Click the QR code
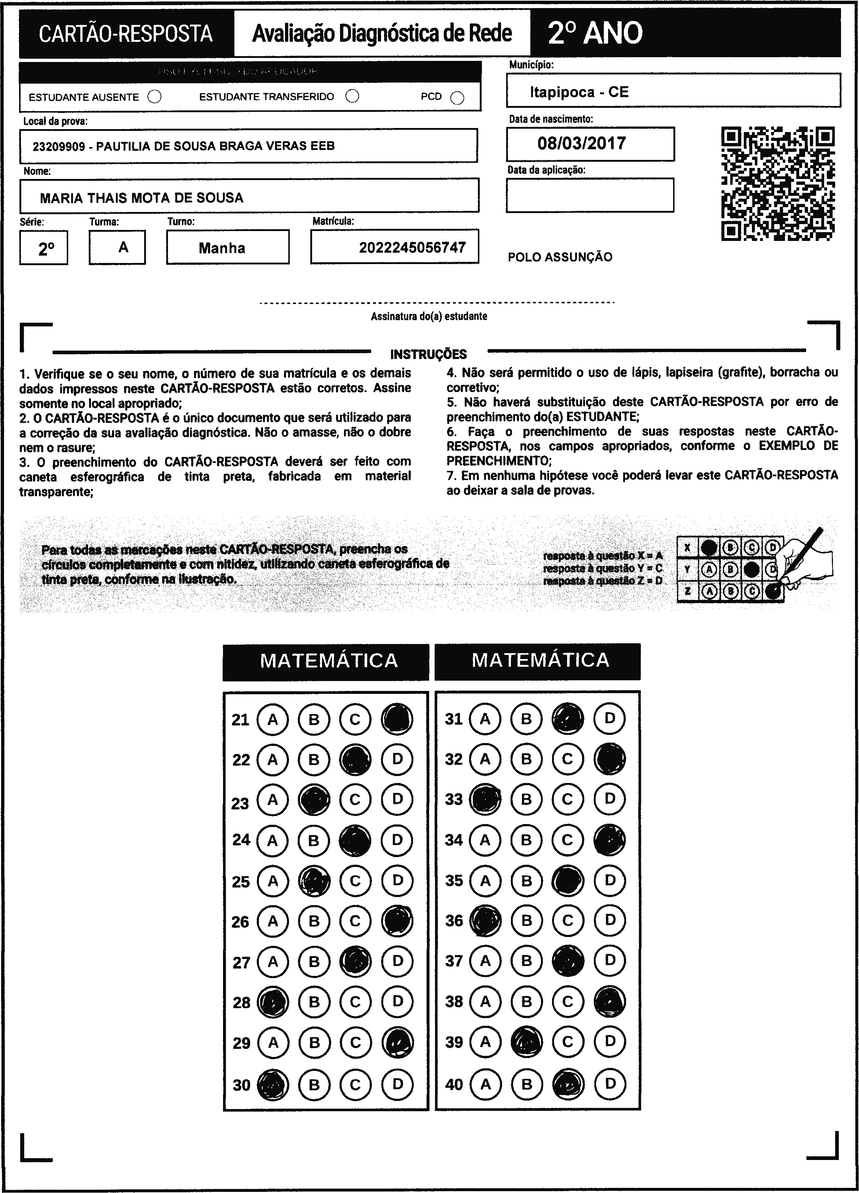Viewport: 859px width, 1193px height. (778, 184)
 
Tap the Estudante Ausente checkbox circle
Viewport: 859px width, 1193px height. (155, 97)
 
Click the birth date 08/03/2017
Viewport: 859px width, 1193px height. (581, 143)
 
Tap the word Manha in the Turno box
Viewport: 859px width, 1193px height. (222, 248)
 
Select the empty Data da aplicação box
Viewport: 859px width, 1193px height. (590, 195)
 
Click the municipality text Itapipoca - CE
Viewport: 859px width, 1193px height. (579, 92)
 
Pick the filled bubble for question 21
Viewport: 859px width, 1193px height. (397, 719)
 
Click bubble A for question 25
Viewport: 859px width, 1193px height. (273, 881)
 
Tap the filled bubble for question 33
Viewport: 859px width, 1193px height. (485, 799)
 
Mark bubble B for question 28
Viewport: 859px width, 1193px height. (314, 1002)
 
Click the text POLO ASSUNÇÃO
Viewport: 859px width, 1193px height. (560, 257)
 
